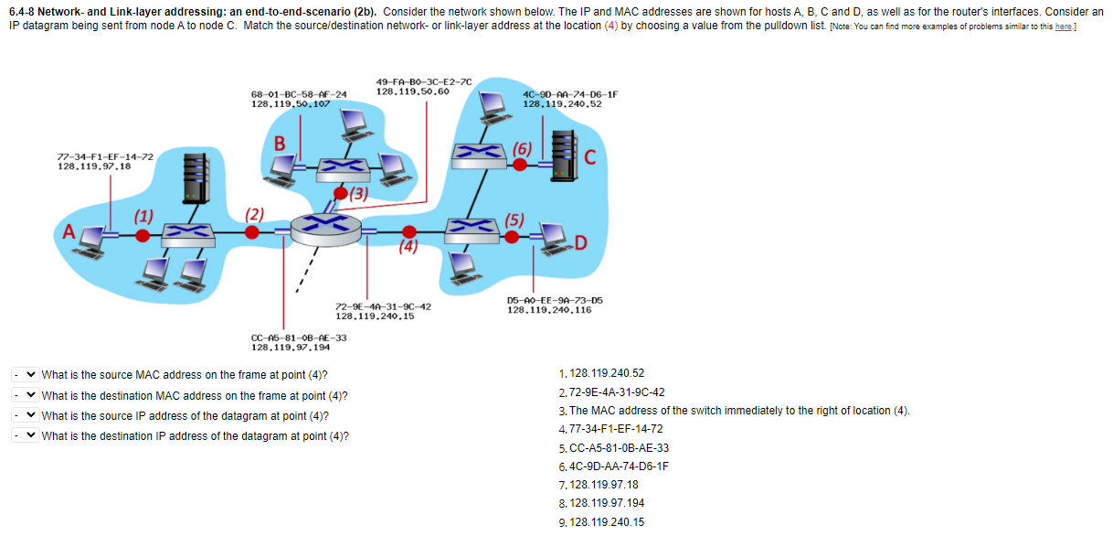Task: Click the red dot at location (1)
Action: pyautogui.click(x=143, y=235)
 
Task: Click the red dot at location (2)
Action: pyautogui.click(x=252, y=233)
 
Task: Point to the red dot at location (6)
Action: pyautogui.click(x=519, y=165)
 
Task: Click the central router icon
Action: pyautogui.click(x=326, y=226)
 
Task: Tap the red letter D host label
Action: pyautogui.click(x=580, y=243)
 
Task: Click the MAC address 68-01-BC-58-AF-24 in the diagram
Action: pyautogui.click(x=299, y=94)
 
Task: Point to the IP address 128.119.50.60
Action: pyautogui.click(x=412, y=91)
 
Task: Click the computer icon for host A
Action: pyautogui.click(x=93, y=237)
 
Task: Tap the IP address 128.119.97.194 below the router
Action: pyautogui.click(x=291, y=348)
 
